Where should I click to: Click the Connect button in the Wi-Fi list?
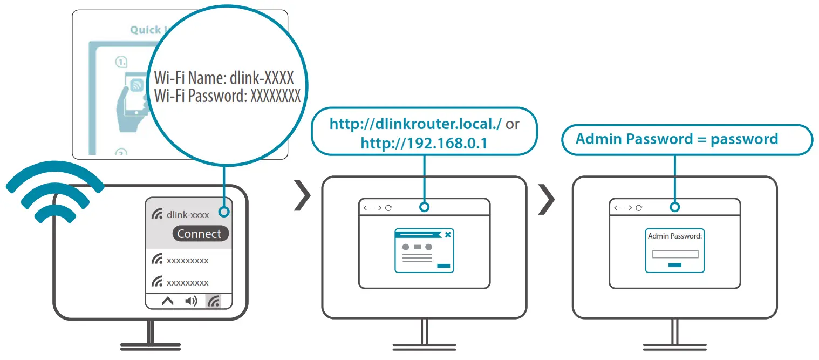(200, 234)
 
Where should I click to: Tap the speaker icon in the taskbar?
(190, 301)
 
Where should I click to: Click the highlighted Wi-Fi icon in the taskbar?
(214, 301)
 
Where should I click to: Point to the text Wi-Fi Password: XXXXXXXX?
(227, 97)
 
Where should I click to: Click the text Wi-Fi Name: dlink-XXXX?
(224, 79)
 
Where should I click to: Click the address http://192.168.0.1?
(425, 143)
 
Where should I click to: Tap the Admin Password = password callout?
(677, 139)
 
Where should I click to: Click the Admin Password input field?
(675, 254)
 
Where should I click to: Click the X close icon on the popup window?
(448, 234)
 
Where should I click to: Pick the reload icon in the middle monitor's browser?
(388, 208)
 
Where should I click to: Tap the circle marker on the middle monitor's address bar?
(425, 207)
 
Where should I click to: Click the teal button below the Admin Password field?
(674, 265)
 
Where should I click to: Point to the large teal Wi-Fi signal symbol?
(54, 192)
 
